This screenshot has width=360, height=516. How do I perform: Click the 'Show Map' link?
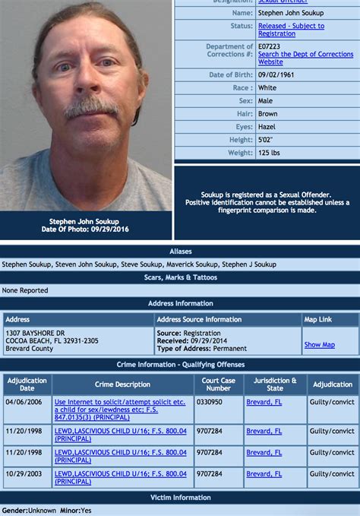tap(319, 344)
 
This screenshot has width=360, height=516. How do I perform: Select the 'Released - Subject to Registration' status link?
tap(291, 30)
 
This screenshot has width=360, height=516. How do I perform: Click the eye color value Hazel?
tap(267, 127)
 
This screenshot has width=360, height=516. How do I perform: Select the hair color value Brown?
tap(268, 114)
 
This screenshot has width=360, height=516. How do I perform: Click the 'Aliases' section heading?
tap(180, 251)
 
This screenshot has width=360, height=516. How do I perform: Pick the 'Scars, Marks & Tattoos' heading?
tap(180, 277)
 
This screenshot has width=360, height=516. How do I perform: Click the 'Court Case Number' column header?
tap(218, 385)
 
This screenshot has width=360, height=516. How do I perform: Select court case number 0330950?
tap(210, 401)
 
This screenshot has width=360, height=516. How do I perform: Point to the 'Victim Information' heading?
tap(180, 498)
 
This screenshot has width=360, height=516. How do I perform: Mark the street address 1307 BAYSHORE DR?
tap(36, 333)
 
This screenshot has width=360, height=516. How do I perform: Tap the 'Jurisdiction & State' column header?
tap(274, 385)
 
